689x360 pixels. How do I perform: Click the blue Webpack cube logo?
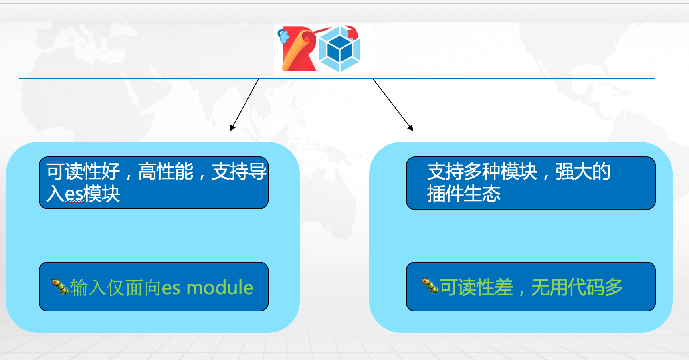coord(340,49)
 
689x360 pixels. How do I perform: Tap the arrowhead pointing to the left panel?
coord(232,128)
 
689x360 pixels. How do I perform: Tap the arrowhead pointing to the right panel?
coord(410,128)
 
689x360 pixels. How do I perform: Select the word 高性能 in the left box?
coord(166,172)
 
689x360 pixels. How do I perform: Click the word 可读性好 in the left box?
coord(83,172)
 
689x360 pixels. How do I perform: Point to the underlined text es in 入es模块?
coord(74,194)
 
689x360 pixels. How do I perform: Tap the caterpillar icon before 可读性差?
coord(430,285)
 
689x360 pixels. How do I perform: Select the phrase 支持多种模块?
coord(482,172)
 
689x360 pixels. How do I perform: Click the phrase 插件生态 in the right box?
coord(463,194)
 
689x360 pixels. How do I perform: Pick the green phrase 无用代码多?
coord(577,287)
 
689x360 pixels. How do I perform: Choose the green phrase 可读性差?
coord(476,287)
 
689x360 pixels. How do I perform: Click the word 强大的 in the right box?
coord(583,172)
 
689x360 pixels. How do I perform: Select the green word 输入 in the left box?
coord(88,288)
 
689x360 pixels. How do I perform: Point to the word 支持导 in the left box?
coord(239,172)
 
